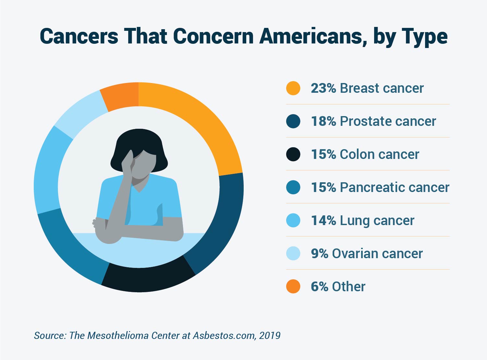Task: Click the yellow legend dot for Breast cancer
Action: [x=293, y=88]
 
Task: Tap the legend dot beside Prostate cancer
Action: [x=293, y=121]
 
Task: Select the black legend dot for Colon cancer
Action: [x=293, y=154]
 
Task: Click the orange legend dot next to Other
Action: [x=293, y=287]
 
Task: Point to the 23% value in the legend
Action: [x=323, y=88]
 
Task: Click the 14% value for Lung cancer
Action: [x=323, y=221]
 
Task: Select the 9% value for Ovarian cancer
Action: [x=319, y=254]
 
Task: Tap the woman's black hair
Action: [x=140, y=139]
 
